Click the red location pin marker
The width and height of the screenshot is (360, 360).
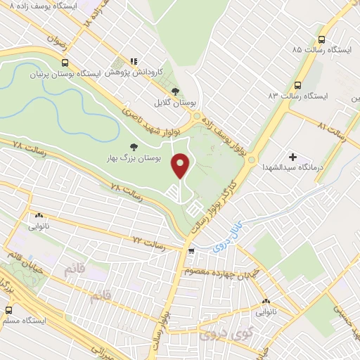click(x=182, y=165)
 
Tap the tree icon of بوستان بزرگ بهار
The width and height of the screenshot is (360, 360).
click(x=132, y=147)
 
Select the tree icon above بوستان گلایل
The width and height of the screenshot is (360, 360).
click(x=174, y=91)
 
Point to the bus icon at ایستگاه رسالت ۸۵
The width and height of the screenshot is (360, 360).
click(x=321, y=40)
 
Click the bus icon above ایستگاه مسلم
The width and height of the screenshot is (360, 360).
click(x=9, y=309)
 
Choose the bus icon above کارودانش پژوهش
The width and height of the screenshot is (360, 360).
click(x=139, y=61)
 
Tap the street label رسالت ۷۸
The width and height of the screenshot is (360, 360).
click(x=29, y=148)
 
